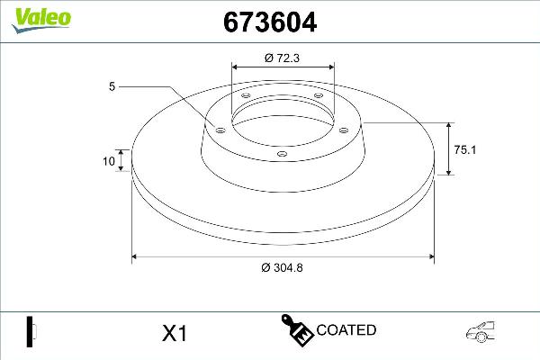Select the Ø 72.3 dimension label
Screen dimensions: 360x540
point(283,57)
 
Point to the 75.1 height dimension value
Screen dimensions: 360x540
point(464,150)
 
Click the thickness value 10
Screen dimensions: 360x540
point(109,162)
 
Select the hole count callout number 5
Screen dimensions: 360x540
point(111,86)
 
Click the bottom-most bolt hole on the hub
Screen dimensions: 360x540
point(281,154)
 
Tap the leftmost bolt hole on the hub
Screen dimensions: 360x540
point(219,129)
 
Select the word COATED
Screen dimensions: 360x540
point(346,330)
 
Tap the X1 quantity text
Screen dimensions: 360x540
point(173,334)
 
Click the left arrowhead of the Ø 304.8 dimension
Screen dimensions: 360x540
point(136,257)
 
